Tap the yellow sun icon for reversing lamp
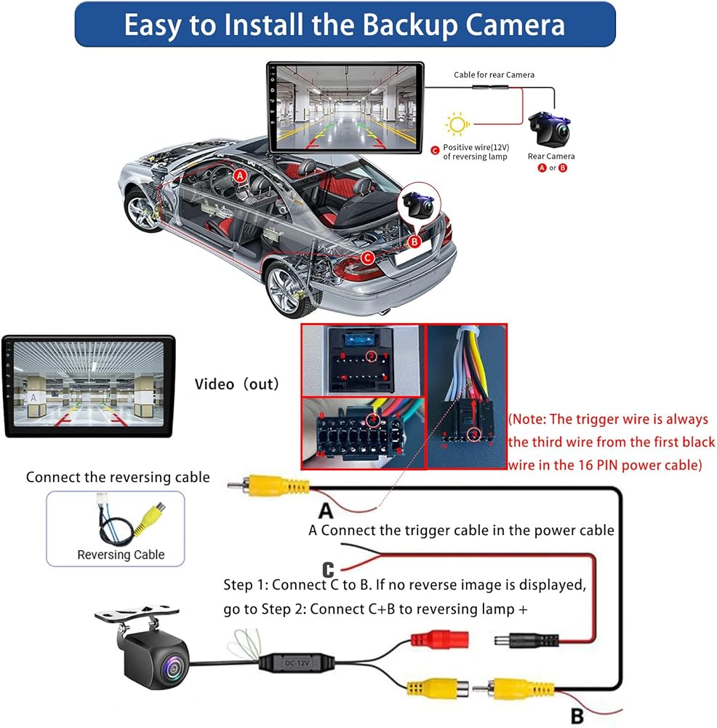[x=457, y=124]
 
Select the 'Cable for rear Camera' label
[x=494, y=74]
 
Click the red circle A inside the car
[x=241, y=175]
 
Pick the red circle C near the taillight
[x=367, y=257]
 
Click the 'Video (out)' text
[x=236, y=384]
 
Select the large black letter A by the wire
[x=325, y=510]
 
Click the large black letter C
[x=329, y=568]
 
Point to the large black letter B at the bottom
[x=577, y=716]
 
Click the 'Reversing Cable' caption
[x=121, y=555]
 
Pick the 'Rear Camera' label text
[x=551, y=156]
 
